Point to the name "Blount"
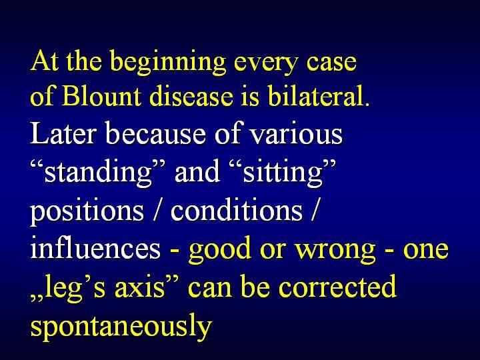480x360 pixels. [101, 96]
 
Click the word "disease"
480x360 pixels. [191, 96]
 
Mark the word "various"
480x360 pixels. [296, 135]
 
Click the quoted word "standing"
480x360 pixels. [98, 173]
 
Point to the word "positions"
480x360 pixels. [87, 211]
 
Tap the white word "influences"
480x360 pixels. [95, 248]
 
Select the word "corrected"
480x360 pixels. [337, 286]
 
